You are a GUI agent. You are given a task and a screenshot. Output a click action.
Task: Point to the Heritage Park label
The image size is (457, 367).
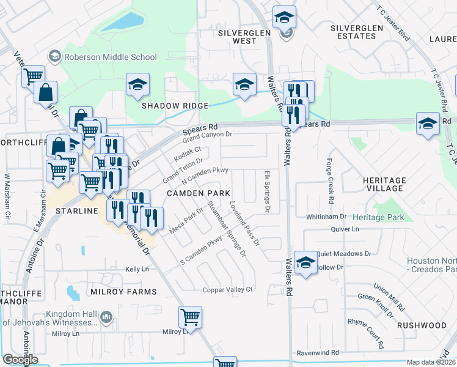378,218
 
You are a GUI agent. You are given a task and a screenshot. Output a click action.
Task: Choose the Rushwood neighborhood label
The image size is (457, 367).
421,325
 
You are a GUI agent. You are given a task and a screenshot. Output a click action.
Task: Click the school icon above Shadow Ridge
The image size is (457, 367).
138,84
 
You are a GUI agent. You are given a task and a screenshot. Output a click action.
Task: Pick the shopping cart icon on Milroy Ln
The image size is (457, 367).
191,317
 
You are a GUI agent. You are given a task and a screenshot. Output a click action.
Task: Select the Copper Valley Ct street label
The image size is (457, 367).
228,289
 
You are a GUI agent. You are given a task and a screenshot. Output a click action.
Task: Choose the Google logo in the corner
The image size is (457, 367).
21,360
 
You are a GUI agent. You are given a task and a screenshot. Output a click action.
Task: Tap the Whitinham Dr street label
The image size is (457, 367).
326,217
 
